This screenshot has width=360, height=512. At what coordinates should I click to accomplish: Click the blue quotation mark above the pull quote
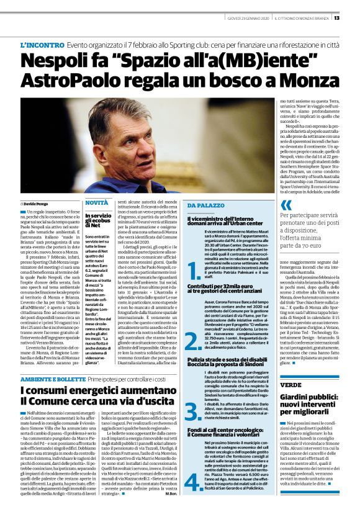click(286, 205)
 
